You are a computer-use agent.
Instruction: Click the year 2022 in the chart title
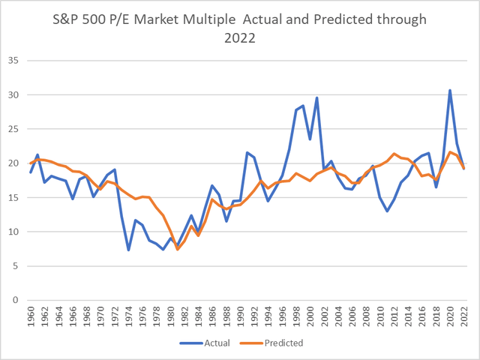[240, 38]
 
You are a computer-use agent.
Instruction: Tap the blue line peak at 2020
[450, 90]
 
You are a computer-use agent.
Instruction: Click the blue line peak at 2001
[317, 97]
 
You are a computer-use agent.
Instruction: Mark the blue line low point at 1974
[128, 250]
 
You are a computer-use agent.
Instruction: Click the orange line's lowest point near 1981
[178, 249]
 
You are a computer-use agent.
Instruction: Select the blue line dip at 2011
[387, 211]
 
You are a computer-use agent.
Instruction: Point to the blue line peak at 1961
[37, 154]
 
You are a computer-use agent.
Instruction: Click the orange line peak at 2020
[450, 152]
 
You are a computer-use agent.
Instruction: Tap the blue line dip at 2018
[436, 187]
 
